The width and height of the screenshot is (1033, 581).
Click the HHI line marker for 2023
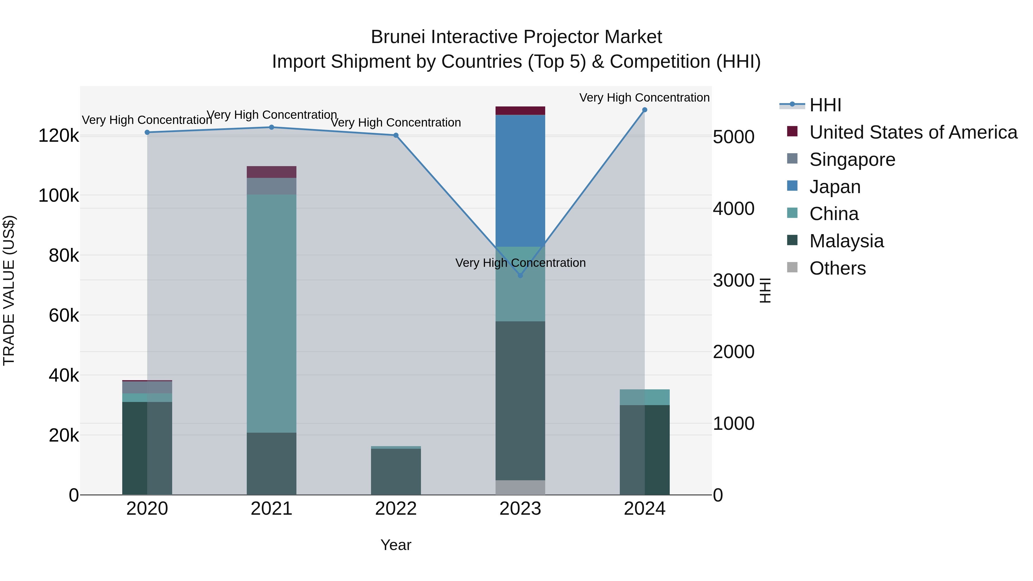tap(520, 275)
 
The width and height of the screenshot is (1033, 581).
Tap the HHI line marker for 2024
tap(644, 110)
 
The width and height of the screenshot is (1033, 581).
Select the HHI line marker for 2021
tap(271, 127)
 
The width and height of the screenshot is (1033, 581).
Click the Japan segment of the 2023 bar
tap(520, 180)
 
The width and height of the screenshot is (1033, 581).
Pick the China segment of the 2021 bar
tap(271, 313)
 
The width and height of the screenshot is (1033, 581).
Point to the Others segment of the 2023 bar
tap(520, 487)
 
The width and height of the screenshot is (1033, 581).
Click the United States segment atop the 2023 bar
tap(520, 111)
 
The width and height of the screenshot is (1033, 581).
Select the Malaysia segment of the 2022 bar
tap(396, 471)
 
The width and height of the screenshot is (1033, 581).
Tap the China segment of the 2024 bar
tap(644, 397)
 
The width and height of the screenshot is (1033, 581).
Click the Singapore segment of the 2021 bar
tap(271, 186)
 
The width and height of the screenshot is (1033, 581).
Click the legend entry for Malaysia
tap(846, 241)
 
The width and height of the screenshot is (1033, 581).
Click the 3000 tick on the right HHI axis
tap(733, 280)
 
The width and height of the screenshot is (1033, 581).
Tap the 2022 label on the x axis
tap(396, 509)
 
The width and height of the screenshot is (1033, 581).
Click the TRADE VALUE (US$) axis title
tap(9, 290)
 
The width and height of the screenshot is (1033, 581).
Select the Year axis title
tap(396, 545)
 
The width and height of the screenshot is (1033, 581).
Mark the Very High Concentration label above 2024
tap(644, 98)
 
